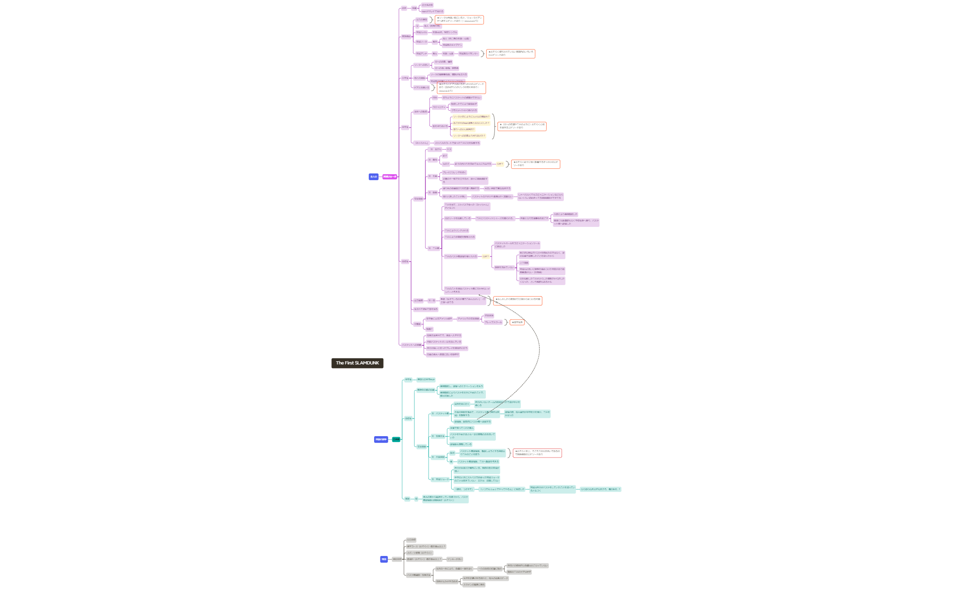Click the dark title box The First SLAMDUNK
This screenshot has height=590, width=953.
point(357,363)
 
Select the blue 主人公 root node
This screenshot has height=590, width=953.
point(373,177)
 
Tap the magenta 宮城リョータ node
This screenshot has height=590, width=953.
point(390,177)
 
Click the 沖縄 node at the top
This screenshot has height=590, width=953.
point(414,8)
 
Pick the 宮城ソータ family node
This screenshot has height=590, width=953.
point(422,42)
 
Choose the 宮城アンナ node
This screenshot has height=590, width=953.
point(422,54)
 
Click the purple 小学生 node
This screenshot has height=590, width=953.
point(405,78)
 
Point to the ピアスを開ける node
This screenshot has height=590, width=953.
point(421,88)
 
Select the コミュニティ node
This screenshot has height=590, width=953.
point(439,107)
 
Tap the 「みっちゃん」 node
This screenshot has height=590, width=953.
point(422,143)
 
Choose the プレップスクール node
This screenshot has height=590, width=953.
point(493,322)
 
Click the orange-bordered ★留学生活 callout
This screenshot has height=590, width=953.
point(517,322)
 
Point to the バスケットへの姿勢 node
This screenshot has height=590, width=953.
point(412,345)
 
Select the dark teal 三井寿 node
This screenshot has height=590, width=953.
point(396,439)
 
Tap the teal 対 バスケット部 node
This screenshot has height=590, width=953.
point(440,413)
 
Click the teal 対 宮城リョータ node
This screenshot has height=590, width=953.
point(440,479)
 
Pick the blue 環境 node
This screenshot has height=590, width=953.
point(384,559)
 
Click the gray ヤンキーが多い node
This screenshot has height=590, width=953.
point(454,559)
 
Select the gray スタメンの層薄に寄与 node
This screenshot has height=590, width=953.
point(474,585)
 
